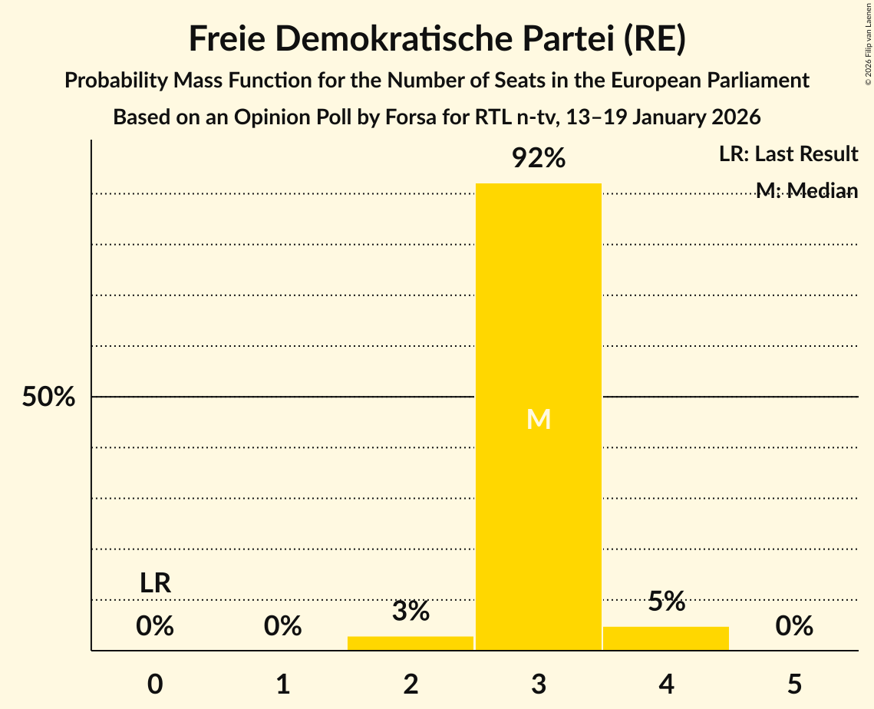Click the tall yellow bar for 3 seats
538,307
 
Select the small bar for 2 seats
411,643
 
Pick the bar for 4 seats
666,638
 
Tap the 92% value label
539,159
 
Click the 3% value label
411,612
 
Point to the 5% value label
666,602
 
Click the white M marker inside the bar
539,419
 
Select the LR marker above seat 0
155,583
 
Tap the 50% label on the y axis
48,397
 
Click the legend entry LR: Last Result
788,154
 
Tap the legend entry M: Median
806,190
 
